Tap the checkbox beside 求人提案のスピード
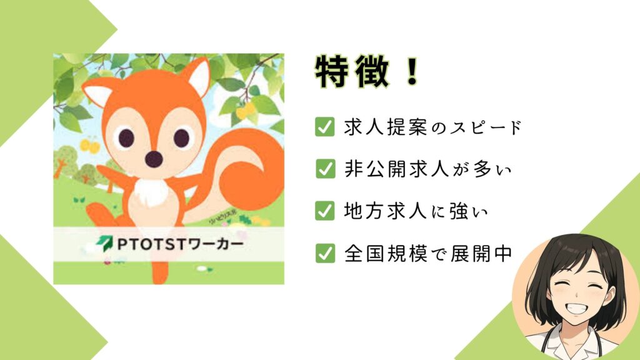pyautogui.click(x=324, y=127)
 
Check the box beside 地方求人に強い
pyautogui.click(x=324, y=211)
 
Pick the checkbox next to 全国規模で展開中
pyautogui.click(x=324, y=252)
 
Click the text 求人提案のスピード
pyautogui.click(x=432, y=127)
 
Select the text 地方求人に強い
pyautogui.click(x=416, y=211)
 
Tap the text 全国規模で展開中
pyautogui.click(x=428, y=252)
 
